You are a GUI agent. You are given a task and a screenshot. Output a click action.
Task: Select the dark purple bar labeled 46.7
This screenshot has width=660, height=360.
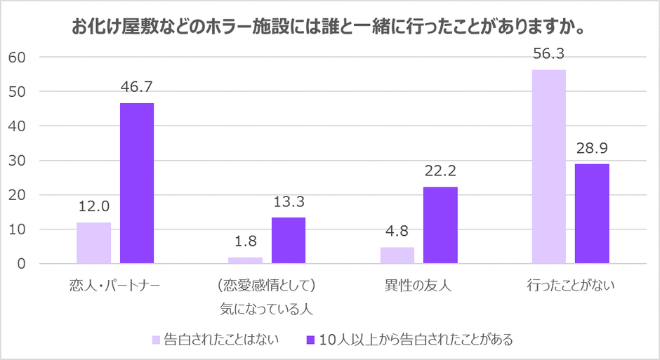(137, 183)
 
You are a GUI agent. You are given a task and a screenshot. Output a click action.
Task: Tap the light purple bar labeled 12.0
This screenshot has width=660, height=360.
(93, 243)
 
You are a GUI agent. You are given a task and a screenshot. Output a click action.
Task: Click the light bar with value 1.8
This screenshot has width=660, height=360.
(245, 260)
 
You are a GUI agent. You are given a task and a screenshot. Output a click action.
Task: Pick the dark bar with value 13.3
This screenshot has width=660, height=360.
(289, 241)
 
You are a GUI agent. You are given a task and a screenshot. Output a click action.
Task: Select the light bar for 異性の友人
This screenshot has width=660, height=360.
(397, 255)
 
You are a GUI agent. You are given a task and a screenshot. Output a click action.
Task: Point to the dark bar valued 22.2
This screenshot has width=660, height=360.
(440, 225)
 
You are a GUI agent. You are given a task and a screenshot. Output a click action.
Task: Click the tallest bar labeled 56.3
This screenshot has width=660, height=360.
(548, 167)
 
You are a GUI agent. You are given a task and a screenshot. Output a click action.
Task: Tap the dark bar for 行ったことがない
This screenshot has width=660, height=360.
(592, 214)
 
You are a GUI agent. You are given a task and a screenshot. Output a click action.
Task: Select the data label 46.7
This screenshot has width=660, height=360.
(137, 88)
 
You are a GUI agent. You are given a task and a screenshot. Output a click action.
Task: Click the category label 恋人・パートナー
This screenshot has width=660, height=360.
(115, 286)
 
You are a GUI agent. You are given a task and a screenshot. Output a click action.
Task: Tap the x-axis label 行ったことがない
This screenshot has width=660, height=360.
(571, 286)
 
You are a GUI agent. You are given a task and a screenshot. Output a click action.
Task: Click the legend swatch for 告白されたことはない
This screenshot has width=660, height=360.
(156, 340)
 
